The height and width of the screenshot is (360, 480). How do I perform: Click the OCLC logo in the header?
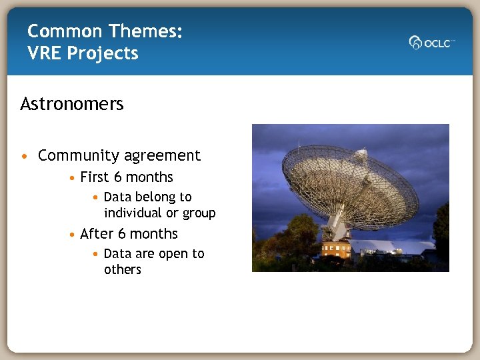(x=431, y=43)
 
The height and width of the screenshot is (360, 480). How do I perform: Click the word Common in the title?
(x=65, y=31)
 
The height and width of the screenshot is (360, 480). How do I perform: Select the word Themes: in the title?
(x=145, y=31)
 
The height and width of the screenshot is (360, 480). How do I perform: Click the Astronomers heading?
(x=72, y=105)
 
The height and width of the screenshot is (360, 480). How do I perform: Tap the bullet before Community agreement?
(x=25, y=156)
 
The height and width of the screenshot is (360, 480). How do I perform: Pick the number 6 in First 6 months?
(x=118, y=177)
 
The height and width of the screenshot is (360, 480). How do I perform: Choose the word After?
(x=96, y=234)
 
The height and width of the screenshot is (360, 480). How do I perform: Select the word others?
(x=123, y=270)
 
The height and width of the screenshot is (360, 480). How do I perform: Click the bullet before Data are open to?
(x=97, y=254)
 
